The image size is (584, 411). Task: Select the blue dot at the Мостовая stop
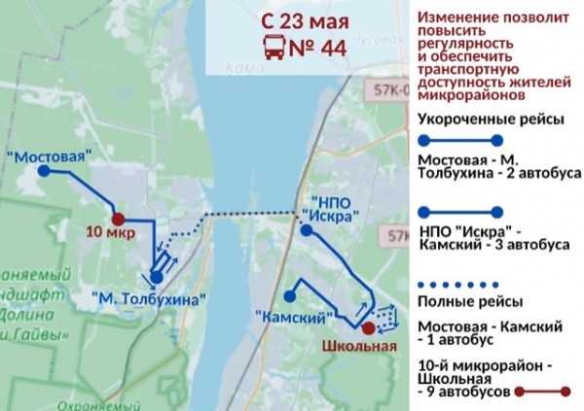coord(45,171)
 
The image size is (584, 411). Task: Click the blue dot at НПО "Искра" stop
coord(306,231)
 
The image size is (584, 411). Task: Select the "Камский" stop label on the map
coord(292,318)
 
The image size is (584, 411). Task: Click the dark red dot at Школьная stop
coord(367,327)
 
